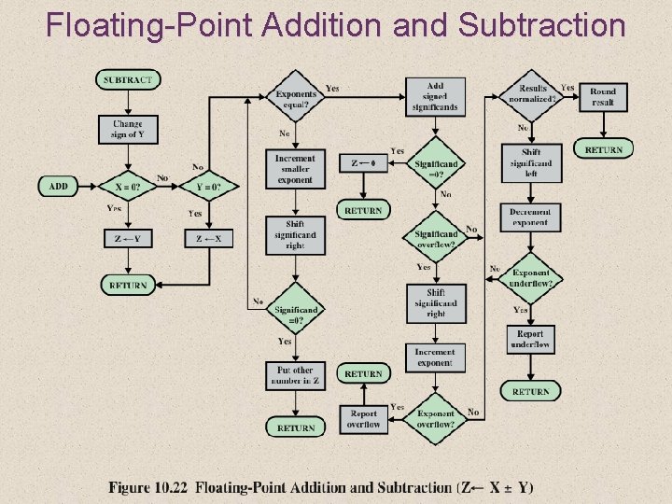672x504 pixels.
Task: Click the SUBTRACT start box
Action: tap(128, 80)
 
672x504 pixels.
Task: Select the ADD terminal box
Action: tap(58, 186)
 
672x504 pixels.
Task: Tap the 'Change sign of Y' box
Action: tap(128, 129)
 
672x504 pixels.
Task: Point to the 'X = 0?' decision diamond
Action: tap(128, 187)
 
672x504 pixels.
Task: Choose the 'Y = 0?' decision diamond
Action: tap(209, 187)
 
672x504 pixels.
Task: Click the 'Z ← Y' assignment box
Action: tap(128, 238)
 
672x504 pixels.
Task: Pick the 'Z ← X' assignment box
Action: tap(209, 238)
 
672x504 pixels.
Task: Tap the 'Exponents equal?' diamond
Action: tap(296, 96)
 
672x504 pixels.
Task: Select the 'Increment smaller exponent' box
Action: tap(295, 169)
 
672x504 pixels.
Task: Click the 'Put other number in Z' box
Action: tap(296, 376)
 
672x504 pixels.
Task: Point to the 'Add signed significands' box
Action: tap(435, 96)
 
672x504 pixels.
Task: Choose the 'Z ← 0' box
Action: tap(363, 163)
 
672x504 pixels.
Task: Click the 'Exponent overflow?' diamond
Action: tap(435, 418)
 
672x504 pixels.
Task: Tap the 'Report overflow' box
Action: tap(364, 418)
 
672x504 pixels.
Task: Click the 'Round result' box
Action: tap(603, 96)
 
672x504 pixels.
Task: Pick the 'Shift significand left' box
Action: tap(530, 163)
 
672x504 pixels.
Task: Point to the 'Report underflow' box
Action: tap(530, 339)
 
